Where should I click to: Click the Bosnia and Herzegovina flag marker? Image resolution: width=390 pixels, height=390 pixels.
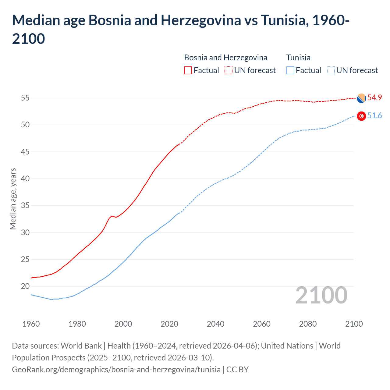(x=361, y=98)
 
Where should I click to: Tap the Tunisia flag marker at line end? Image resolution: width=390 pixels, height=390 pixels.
(x=361, y=116)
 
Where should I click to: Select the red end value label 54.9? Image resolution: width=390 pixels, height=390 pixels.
(x=374, y=97)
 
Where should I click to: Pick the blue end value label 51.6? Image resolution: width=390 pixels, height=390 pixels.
(x=374, y=115)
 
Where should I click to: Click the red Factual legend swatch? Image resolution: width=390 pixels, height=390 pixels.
(x=188, y=70)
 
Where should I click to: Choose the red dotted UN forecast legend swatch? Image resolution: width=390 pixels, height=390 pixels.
(x=229, y=70)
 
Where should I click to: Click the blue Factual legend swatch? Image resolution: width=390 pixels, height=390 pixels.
(x=290, y=70)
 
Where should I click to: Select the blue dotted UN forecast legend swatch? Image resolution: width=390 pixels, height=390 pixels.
(x=331, y=70)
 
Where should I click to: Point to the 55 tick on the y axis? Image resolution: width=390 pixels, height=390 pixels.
(x=25, y=98)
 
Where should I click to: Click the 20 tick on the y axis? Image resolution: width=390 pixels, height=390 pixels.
(x=25, y=286)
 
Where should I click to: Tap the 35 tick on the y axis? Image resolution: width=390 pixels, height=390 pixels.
(x=25, y=205)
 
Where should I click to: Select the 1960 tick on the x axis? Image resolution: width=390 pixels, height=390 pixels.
(x=31, y=324)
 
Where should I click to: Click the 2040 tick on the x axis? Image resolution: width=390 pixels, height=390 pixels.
(x=215, y=324)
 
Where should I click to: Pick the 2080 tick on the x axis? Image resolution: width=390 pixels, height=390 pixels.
(x=308, y=324)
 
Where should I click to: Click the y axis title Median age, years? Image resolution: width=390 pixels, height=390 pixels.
(x=13, y=199)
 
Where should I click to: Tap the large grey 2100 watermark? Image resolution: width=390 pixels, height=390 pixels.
(x=321, y=295)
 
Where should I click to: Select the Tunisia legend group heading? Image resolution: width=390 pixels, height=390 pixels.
(x=298, y=58)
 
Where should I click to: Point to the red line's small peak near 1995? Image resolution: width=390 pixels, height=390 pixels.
(x=112, y=216)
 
